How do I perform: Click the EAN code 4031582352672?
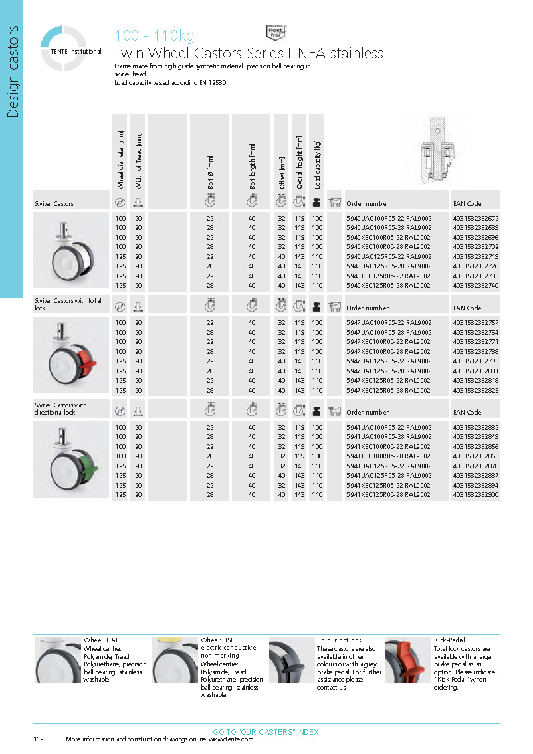point(475,218)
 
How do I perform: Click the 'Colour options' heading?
point(339,640)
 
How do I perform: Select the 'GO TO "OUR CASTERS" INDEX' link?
point(266,732)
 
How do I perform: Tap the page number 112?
point(39,739)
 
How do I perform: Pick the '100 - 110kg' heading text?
point(155,36)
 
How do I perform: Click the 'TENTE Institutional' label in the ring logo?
point(76,52)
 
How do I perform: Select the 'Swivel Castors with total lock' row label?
point(68,304)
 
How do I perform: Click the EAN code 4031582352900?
point(475,495)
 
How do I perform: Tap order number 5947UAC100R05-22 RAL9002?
point(389,323)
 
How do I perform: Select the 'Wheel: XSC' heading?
point(218,640)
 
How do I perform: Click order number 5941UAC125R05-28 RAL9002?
point(389,476)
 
